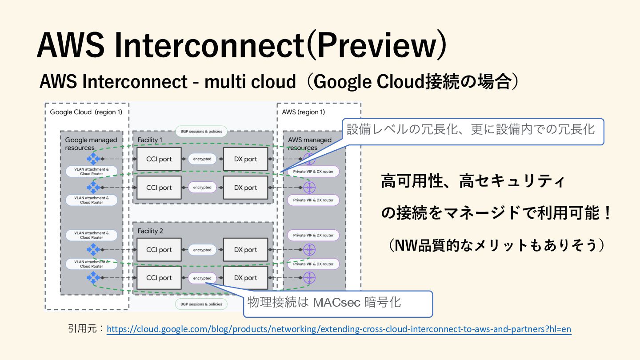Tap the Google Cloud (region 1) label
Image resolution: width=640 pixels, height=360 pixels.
pos(86,112)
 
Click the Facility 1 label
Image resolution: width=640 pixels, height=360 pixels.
pos(150,140)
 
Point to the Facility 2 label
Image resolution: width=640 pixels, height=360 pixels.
pos(150,231)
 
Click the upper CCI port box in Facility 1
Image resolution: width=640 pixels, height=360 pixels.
pos(159,159)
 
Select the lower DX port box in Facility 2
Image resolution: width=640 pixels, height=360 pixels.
pos(246,278)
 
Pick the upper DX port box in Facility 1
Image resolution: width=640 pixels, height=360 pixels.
pos(246,159)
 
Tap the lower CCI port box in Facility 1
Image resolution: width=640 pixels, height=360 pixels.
pos(159,188)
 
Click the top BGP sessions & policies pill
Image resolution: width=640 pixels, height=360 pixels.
pos(201,132)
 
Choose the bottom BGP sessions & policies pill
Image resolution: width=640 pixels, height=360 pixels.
pos(201,304)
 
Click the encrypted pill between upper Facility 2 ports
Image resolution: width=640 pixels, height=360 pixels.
pos(202,250)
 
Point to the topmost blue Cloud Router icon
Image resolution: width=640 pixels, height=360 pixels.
pos(93,159)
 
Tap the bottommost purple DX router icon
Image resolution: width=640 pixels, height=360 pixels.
pos(309,278)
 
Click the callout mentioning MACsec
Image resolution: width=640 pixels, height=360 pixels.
pos(338,304)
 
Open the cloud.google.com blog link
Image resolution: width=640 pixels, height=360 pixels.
pos(339,329)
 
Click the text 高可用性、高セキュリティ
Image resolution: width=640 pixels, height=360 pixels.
pos(473,182)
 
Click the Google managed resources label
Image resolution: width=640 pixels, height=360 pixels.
pos(91,144)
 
